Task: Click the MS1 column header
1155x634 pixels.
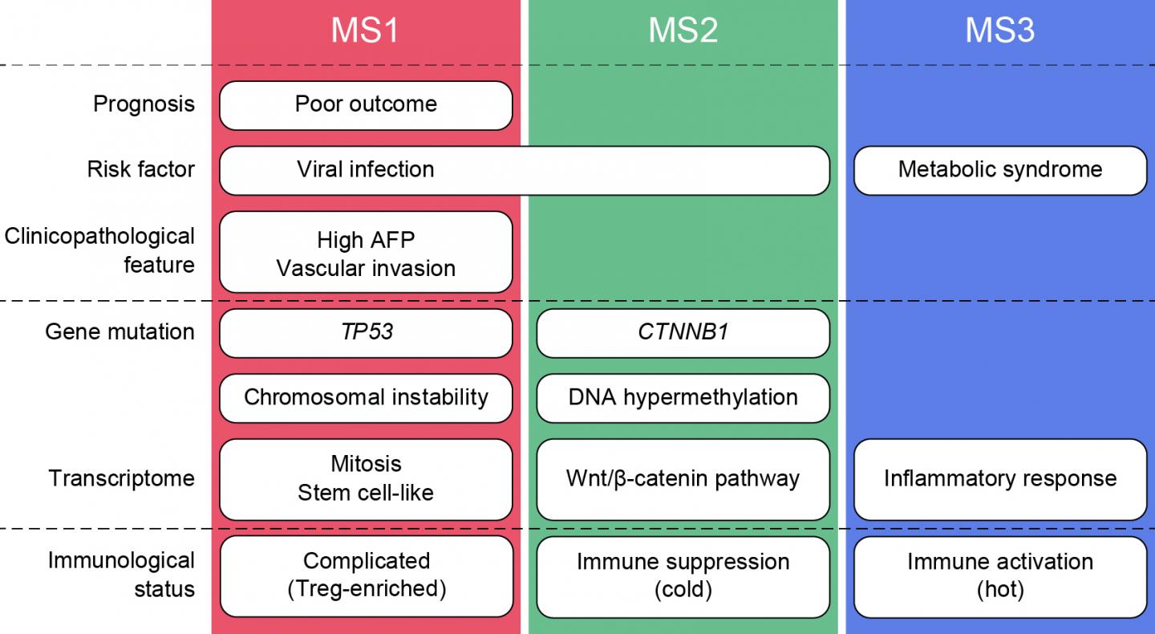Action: click(365, 30)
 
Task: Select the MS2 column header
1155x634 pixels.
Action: click(683, 30)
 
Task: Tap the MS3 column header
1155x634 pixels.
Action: click(999, 30)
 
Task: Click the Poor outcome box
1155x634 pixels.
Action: click(366, 104)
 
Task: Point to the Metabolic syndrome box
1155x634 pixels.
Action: click(1000, 169)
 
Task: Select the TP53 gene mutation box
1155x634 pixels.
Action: click(366, 332)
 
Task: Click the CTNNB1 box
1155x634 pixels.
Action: click(683, 332)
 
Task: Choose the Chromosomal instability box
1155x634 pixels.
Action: click(366, 397)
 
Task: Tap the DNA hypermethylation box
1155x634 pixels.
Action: click(683, 397)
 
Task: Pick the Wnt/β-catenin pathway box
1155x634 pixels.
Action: click(683, 479)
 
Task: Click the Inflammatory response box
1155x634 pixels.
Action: click(1000, 479)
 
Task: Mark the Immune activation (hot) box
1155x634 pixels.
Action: click(1000, 575)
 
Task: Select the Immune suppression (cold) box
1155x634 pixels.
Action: click(683, 575)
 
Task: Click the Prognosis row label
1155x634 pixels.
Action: click(144, 104)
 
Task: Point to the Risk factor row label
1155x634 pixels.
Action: click(140, 169)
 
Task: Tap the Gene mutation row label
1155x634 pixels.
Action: click(120, 332)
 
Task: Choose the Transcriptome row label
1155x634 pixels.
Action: click(122, 479)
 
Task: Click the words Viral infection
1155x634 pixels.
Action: click(366, 169)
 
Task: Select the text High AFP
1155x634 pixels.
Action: click(366, 240)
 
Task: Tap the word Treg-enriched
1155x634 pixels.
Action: click(366, 589)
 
